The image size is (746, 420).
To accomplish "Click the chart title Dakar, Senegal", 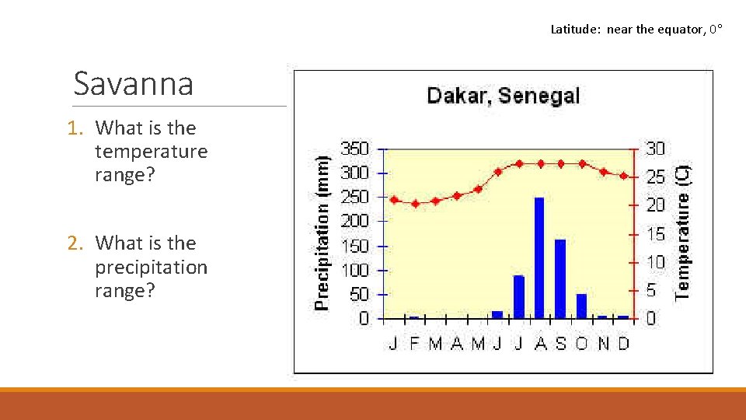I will (x=503, y=96).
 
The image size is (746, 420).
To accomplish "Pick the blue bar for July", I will (x=518, y=296).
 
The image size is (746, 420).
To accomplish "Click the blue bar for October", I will (x=581, y=306).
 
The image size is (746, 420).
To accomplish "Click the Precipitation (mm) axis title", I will (x=322, y=231).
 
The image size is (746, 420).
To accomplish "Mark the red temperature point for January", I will (x=394, y=200).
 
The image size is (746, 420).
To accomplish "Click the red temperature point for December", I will (x=623, y=176).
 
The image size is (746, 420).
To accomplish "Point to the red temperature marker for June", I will (x=498, y=171).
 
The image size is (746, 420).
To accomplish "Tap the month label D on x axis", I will (x=623, y=343).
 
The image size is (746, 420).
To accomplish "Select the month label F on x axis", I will (x=414, y=343).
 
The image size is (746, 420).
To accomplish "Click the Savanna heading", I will (x=133, y=83).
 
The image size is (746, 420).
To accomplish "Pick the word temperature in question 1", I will (x=151, y=151).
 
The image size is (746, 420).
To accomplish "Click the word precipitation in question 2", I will (x=151, y=267).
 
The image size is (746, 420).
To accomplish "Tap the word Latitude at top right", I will (x=575, y=30).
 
